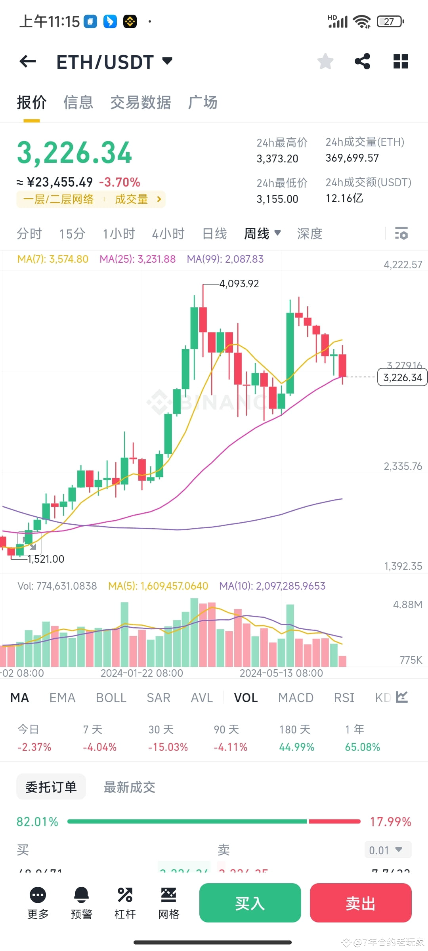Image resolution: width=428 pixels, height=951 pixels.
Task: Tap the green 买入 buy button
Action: coord(250,903)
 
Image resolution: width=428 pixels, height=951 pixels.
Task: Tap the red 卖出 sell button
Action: coord(360,903)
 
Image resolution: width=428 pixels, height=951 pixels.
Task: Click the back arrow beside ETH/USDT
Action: coord(28,61)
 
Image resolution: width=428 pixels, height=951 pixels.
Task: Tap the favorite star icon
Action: coord(325,61)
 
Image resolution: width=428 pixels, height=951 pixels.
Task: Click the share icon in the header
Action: coord(362,61)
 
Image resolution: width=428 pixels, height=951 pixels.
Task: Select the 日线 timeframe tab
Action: coord(214,234)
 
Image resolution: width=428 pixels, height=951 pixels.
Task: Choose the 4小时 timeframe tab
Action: coord(168,234)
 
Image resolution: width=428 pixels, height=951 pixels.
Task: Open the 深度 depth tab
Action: coord(310,234)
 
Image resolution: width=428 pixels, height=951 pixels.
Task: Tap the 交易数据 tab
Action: coord(141,103)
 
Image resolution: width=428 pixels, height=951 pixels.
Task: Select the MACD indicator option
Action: coord(296,698)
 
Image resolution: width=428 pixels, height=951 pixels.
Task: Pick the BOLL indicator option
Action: coord(111,698)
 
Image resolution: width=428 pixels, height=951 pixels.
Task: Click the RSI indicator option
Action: coord(344,698)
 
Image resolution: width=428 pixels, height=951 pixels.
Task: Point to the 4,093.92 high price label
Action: coord(239,284)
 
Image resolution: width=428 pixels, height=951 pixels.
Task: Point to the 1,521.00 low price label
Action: coord(46,559)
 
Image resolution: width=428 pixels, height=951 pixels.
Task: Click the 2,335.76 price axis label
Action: coord(403,466)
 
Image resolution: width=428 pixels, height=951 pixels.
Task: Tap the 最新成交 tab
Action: coord(130,787)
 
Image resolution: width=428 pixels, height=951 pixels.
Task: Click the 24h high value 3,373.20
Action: coord(277,159)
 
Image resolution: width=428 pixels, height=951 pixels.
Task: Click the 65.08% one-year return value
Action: coord(362,747)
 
